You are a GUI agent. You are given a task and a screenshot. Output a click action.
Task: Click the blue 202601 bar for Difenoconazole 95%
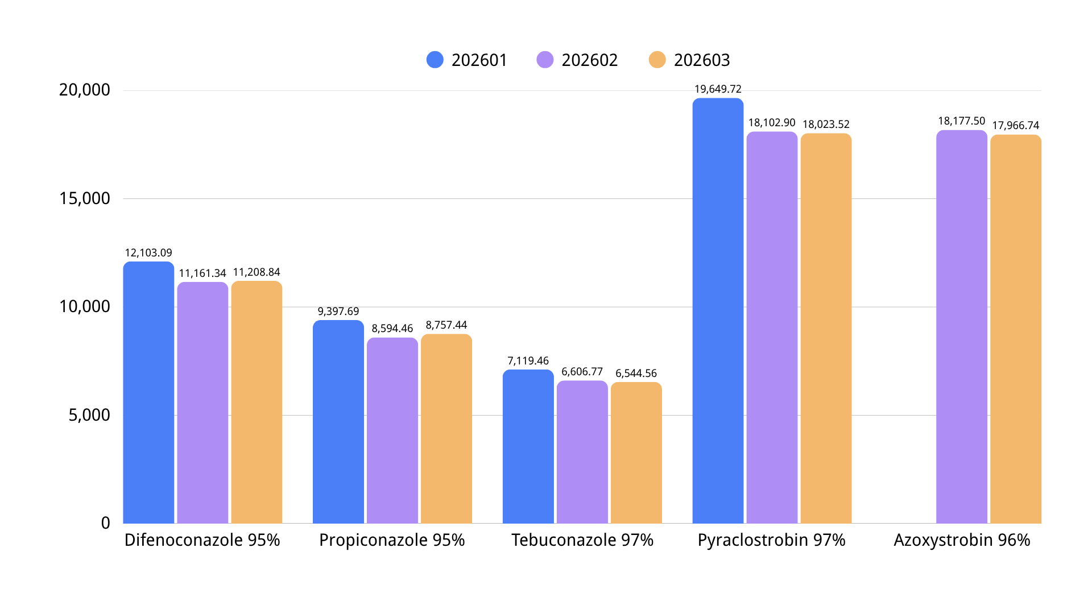tap(148, 392)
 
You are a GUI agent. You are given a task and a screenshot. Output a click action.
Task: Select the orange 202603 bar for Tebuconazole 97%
tap(636, 453)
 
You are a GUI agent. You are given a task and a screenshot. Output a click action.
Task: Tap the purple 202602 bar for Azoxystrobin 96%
tap(961, 327)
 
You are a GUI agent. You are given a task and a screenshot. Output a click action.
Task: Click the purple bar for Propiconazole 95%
tap(392, 430)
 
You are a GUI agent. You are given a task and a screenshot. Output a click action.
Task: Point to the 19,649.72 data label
tap(718, 89)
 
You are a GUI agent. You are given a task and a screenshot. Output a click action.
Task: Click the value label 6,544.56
tap(636, 374)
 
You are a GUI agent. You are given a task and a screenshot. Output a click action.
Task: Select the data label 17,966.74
tap(1015, 126)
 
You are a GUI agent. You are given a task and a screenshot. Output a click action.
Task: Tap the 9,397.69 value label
tap(338, 312)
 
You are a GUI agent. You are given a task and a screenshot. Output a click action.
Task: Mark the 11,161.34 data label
tap(202, 273)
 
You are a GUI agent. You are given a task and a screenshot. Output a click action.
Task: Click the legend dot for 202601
tap(435, 60)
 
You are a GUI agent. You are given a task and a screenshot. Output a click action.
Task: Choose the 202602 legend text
tap(589, 60)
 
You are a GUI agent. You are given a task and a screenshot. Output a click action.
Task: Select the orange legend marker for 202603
tap(657, 60)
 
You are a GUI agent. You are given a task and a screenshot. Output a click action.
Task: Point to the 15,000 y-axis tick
tap(85, 198)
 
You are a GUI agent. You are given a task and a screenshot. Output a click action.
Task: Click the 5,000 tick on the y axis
tap(89, 415)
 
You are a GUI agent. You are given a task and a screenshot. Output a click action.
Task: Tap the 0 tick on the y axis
tap(105, 523)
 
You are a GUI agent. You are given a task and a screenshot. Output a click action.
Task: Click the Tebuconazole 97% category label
tap(582, 540)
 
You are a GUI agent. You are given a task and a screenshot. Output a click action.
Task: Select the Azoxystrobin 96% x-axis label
tap(961, 540)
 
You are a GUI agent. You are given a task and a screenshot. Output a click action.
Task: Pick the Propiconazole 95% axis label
tap(392, 540)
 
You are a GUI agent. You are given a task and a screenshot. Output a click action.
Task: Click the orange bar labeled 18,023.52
tap(826, 328)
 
